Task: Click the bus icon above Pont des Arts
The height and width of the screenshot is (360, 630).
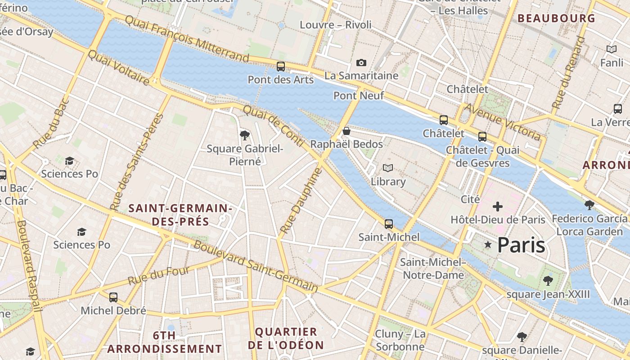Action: pyautogui.click(x=281, y=67)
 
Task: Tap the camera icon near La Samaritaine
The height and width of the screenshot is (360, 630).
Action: pyautogui.click(x=361, y=63)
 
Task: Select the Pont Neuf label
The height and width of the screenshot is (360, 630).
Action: pyautogui.click(x=359, y=95)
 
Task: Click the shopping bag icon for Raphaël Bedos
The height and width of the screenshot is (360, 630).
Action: pyautogui.click(x=346, y=131)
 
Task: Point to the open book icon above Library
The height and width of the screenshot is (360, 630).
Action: pyautogui.click(x=388, y=168)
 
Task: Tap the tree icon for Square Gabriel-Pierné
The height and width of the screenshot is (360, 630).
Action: pyautogui.click(x=245, y=135)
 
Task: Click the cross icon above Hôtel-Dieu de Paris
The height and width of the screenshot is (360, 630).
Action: pyautogui.click(x=498, y=207)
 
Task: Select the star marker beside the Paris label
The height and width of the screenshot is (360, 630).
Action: pyautogui.click(x=487, y=244)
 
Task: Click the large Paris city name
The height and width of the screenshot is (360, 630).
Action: pyautogui.click(x=521, y=245)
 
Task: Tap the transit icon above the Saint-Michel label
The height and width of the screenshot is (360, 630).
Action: pyautogui.click(x=389, y=224)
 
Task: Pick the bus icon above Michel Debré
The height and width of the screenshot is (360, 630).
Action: pyautogui.click(x=113, y=297)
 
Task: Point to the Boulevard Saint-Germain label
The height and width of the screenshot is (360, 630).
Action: pyautogui.click(x=256, y=266)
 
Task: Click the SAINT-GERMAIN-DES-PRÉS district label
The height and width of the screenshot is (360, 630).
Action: pyautogui.click(x=180, y=215)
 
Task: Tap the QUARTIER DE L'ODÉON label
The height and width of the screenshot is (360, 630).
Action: pyautogui.click(x=286, y=338)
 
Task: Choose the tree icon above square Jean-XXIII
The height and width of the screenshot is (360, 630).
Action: pyautogui.click(x=548, y=281)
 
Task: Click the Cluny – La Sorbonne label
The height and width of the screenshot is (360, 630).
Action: pyautogui.click(x=400, y=340)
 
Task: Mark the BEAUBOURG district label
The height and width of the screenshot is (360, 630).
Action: pyautogui.click(x=556, y=18)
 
